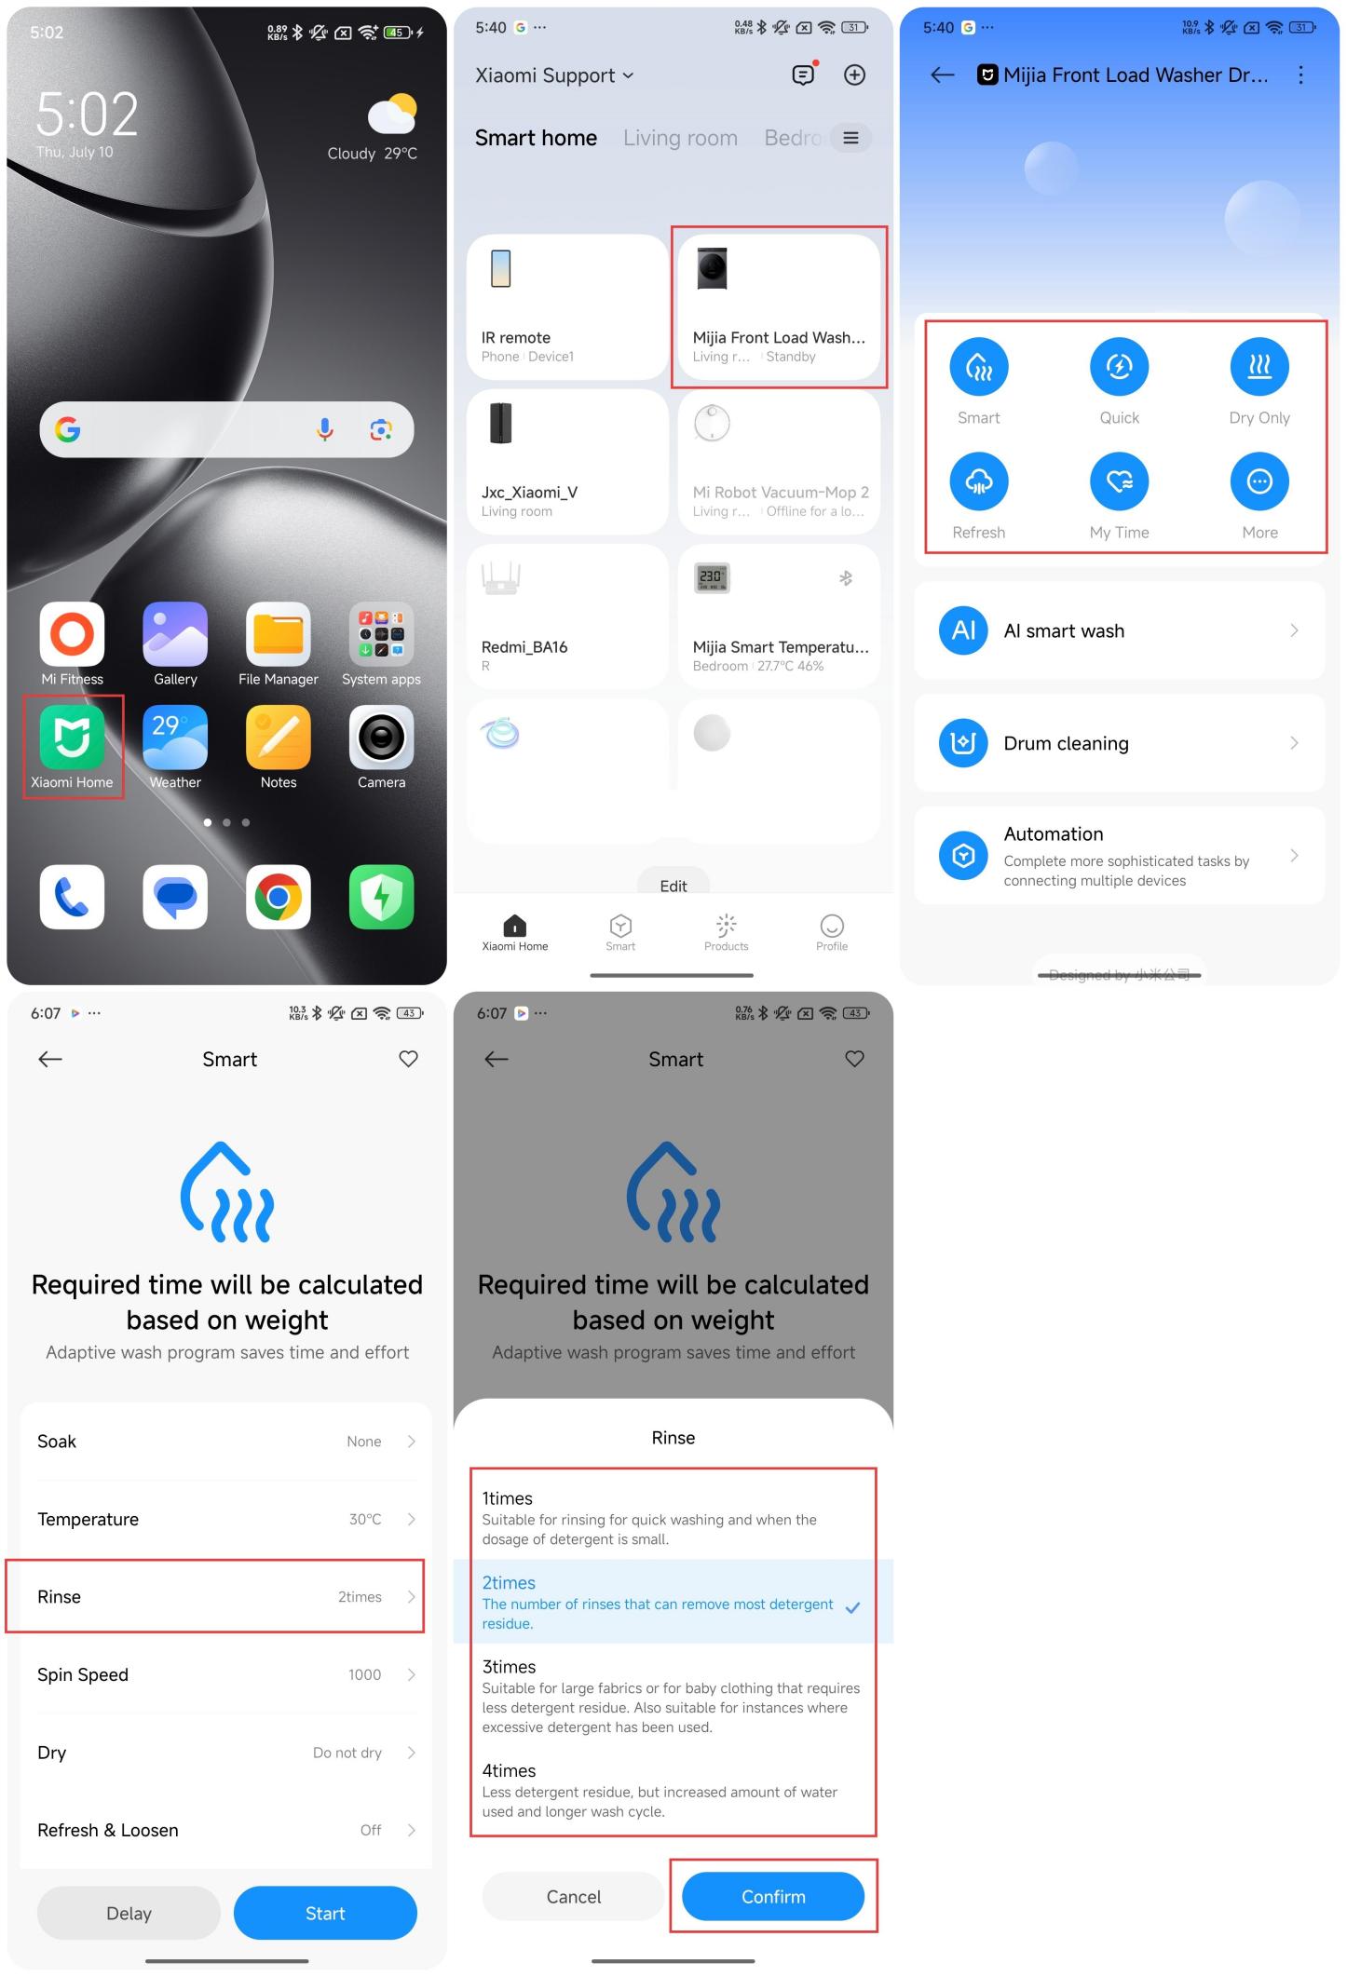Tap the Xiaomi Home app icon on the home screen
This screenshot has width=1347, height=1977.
[x=72, y=737]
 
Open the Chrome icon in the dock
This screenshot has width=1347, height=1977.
[x=278, y=897]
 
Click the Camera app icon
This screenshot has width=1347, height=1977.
[x=381, y=737]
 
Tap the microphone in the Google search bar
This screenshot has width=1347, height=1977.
[x=324, y=429]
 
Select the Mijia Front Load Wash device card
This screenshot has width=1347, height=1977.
[x=779, y=306]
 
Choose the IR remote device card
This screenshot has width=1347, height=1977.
[x=567, y=306]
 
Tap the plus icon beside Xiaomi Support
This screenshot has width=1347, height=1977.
[x=854, y=75]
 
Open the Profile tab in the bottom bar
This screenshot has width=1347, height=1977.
[x=832, y=931]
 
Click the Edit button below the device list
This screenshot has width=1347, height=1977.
[x=673, y=885]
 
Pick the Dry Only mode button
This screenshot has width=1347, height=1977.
[x=1259, y=367]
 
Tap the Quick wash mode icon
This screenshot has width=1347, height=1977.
[x=1119, y=367]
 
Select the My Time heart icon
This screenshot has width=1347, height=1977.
[x=1119, y=481]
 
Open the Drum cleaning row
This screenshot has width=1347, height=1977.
[x=1119, y=743]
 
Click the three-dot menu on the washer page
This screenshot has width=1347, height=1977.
[x=1300, y=75]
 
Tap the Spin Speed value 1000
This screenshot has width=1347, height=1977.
[x=364, y=1674]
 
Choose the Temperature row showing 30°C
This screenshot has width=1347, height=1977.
[x=226, y=1519]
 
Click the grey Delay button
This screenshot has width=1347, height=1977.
[x=129, y=1913]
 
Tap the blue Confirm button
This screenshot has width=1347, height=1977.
[x=773, y=1896]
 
